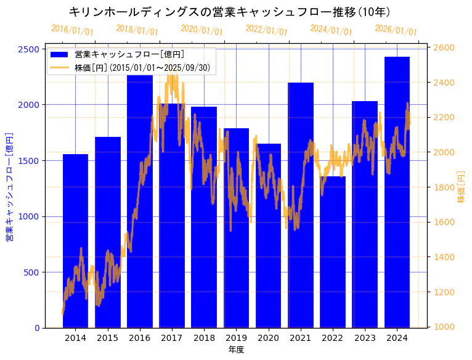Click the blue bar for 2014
click(x=75, y=247)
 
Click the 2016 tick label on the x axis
click(x=140, y=338)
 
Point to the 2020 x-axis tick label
click(x=268, y=338)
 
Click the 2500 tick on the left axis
click(x=32, y=49)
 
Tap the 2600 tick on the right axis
click(x=445, y=47)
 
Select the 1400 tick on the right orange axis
click(x=445, y=257)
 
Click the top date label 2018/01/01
click(x=137, y=30)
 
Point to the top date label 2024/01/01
click(x=331, y=30)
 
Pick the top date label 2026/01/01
click(x=396, y=31)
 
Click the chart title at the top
click(x=229, y=12)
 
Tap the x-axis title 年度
click(x=236, y=350)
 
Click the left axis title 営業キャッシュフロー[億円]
click(x=10, y=186)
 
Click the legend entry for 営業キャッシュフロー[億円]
click(x=129, y=55)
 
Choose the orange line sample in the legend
click(x=60, y=68)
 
